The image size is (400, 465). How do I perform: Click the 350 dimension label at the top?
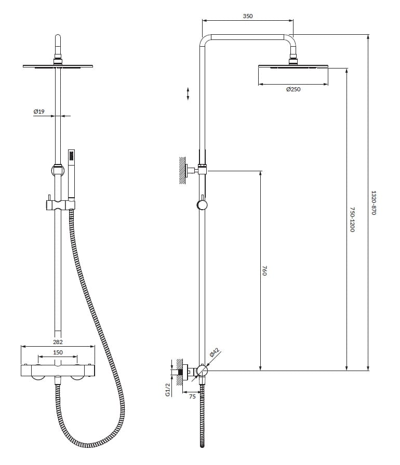[248, 16]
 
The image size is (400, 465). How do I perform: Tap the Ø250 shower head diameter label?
[293, 89]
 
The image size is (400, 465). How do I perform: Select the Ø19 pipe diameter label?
[39, 112]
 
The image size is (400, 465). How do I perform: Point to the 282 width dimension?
[58, 342]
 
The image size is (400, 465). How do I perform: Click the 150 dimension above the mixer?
[58, 352]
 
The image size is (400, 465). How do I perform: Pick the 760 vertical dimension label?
[265, 271]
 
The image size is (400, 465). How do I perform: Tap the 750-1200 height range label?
[352, 220]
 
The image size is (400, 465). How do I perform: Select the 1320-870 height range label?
[374, 203]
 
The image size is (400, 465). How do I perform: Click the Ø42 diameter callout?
[214, 352]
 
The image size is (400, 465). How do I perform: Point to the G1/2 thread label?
[168, 389]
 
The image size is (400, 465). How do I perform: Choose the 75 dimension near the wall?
[192, 396]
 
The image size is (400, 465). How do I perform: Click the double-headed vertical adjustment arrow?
[188, 94]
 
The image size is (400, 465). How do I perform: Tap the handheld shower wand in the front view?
[71, 174]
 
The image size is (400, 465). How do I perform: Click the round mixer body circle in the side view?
[202, 371]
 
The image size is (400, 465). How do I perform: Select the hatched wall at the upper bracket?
[182, 170]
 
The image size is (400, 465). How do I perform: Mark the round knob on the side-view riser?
[202, 205]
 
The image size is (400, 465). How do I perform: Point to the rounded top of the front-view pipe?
[58, 36]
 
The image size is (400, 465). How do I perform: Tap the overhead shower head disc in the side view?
[293, 66]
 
